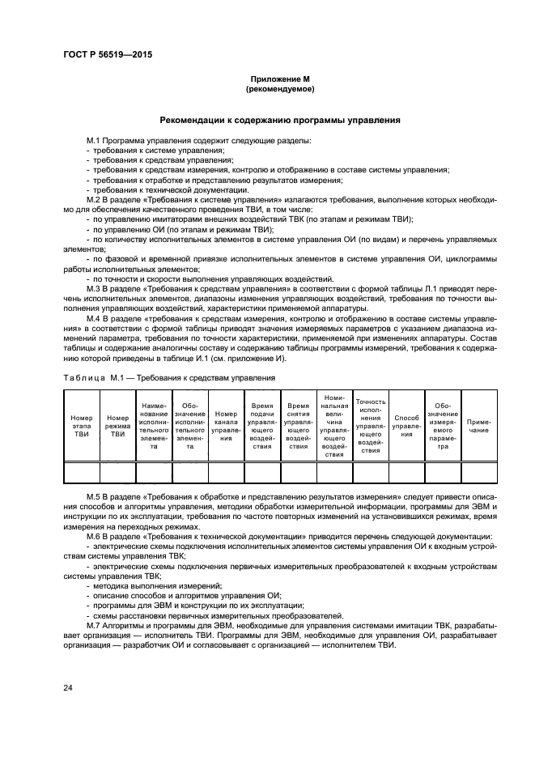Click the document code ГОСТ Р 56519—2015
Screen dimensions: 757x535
[x=108, y=54]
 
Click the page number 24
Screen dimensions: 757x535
[x=68, y=687]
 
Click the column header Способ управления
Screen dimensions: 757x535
[x=407, y=427]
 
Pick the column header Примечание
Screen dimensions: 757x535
[x=478, y=427]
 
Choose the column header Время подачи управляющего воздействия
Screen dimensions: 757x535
[x=262, y=427]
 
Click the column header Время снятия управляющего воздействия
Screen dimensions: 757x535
[x=299, y=427]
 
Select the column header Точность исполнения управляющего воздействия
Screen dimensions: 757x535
[x=371, y=427]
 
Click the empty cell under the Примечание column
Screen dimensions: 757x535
[x=478, y=473]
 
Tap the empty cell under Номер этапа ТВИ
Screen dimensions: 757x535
[x=81, y=473]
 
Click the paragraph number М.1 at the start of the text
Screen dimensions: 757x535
[x=95, y=141]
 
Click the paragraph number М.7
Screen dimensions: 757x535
[x=95, y=626]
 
